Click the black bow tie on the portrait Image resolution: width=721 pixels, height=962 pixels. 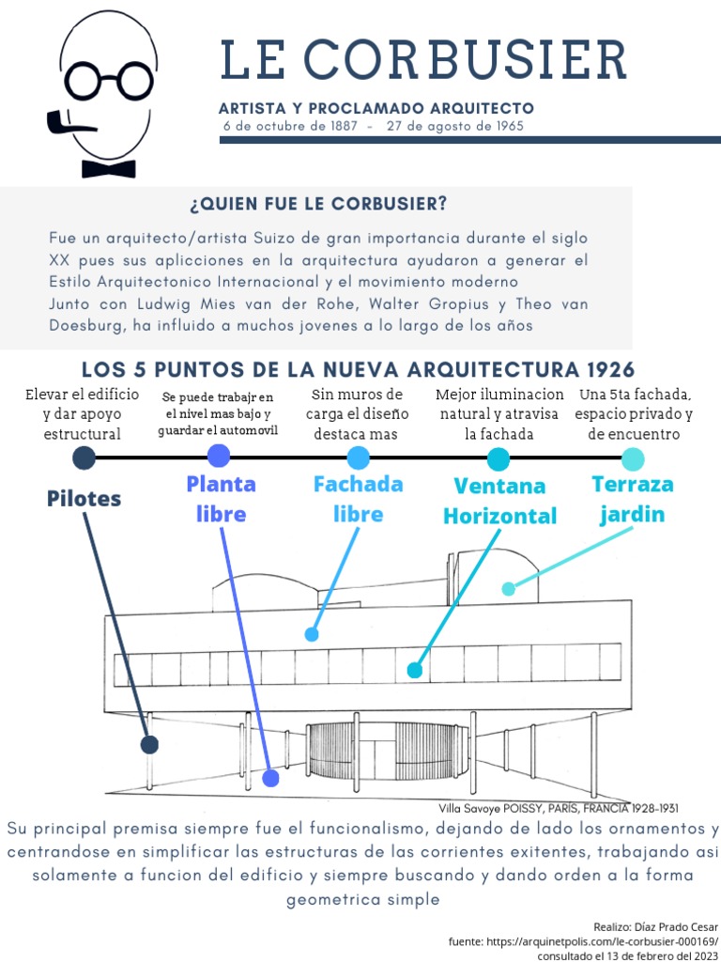coord(108,168)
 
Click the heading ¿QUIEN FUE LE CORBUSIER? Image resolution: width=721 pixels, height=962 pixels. coord(318,204)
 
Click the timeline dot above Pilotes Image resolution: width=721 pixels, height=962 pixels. coord(84,458)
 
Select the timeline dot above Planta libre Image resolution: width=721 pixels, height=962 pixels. coord(219,457)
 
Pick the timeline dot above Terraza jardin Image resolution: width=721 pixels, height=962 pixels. coord(633,458)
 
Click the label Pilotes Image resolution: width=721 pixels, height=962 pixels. coord(84,498)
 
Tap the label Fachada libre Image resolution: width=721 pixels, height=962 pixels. coord(358,499)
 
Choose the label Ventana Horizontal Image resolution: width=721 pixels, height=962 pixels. coord(499,501)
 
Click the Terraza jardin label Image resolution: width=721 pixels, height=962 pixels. coord(633,499)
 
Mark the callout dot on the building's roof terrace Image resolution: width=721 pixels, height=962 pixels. coord(509,589)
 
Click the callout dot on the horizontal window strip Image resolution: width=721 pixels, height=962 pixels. coord(414,670)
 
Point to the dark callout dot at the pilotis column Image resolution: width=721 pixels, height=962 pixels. coord(148,745)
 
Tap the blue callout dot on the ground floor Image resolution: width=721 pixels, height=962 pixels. coord(271,778)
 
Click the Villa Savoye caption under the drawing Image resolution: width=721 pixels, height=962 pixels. coord(558,808)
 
